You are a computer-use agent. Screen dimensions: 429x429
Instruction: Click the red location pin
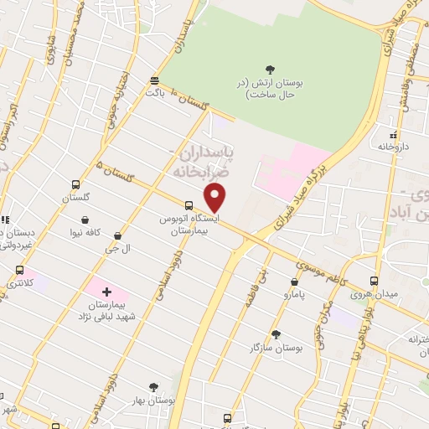pos(215,198)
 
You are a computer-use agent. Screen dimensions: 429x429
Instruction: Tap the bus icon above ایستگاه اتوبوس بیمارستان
pos(189,205)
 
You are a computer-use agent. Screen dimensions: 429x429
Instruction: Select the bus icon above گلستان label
pos(76,184)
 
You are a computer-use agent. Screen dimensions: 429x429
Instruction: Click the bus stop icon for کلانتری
pos(20,270)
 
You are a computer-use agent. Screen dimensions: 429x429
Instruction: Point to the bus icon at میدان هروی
pos(374,282)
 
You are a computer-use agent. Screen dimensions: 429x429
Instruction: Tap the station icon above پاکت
pos(154,80)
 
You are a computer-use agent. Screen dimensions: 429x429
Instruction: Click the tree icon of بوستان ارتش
pos(269,70)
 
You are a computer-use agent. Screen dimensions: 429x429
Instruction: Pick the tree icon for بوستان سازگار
pos(276,333)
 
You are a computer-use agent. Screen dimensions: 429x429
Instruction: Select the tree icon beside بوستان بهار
pos(152,387)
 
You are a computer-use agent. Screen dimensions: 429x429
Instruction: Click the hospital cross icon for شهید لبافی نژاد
pos(106,291)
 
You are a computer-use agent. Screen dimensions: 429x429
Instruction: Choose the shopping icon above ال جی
pos(117,236)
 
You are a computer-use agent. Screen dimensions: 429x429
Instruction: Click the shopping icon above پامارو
pos(294,282)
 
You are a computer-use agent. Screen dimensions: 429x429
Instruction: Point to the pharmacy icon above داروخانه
pos(391,133)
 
